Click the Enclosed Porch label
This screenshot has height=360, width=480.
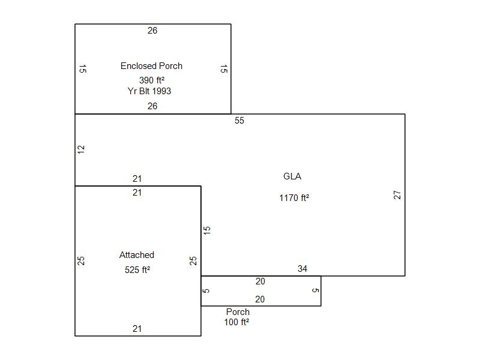click(x=151, y=66)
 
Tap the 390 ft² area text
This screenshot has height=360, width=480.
click(x=152, y=80)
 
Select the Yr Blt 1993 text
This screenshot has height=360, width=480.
click(x=149, y=91)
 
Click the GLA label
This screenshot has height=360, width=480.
click(x=292, y=176)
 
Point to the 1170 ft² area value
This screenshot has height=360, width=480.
click(x=294, y=198)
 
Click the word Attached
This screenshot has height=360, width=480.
click(x=137, y=255)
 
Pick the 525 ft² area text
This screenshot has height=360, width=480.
click(x=137, y=270)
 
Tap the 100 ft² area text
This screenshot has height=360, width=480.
click(x=237, y=322)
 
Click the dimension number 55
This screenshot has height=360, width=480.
click(x=239, y=121)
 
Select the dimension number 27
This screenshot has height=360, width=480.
click(x=397, y=195)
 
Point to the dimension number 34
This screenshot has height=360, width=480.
click(x=302, y=269)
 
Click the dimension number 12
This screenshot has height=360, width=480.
click(x=82, y=149)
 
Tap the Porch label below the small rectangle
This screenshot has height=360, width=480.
click(x=238, y=312)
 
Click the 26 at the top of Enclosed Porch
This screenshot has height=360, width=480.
click(x=152, y=31)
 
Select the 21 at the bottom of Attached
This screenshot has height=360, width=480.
click(x=137, y=329)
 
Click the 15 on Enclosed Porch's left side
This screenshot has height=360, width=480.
click(x=83, y=69)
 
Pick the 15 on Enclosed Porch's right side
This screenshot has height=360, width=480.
click(x=223, y=69)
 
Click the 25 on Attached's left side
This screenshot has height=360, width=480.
click(x=82, y=261)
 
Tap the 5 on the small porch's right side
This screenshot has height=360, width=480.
click(x=316, y=291)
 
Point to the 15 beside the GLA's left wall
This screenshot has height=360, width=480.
click(x=207, y=230)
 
